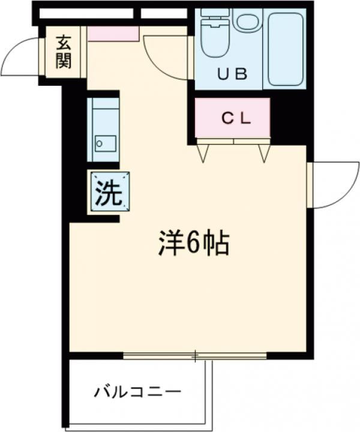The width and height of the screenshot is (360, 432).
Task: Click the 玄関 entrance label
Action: [64, 52]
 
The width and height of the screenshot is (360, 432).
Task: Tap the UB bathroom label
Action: [232, 74]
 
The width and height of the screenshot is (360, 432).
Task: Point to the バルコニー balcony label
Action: [137, 393]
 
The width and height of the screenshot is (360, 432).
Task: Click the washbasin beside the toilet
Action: [246, 22]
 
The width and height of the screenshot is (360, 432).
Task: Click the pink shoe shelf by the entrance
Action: [113, 33]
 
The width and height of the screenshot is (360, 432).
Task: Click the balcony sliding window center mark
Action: [195, 356]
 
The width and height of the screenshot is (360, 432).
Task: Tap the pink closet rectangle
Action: [233, 118]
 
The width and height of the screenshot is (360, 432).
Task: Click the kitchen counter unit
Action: [103, 130]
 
